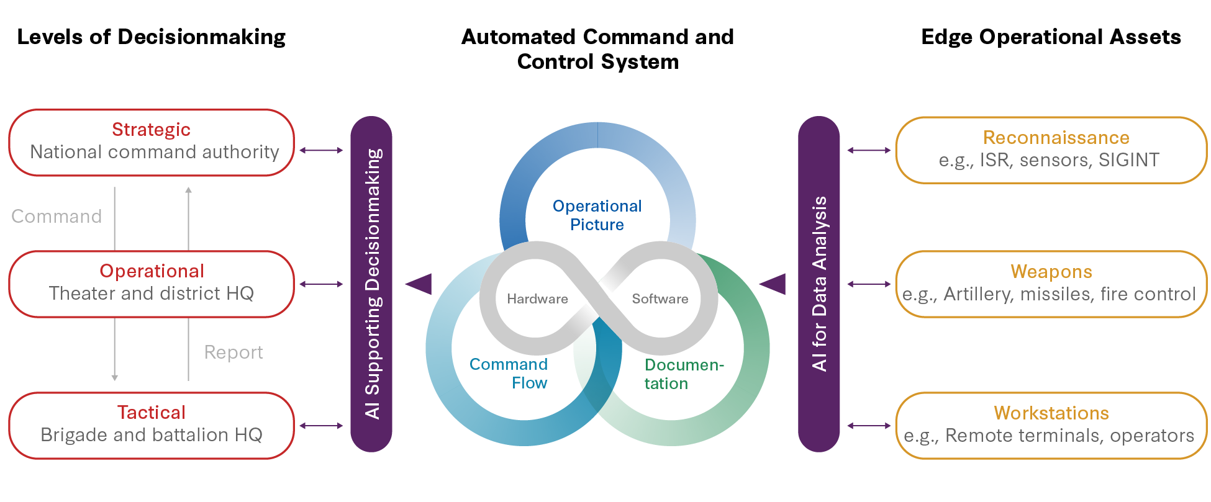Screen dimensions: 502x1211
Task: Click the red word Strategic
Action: click(151, 130)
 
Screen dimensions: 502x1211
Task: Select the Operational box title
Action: click(152, 271)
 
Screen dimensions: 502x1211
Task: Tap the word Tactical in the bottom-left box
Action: click(152, 413)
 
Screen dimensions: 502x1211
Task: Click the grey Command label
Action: click(57, 217)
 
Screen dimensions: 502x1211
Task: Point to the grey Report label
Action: click(234, 352)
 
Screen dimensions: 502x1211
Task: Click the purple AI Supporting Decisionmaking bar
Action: click(371, 284)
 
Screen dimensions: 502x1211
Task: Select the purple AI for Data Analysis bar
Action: click(819, 284)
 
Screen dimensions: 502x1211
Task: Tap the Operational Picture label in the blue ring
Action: click(597, 215)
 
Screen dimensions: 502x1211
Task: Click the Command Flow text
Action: click(509, 374)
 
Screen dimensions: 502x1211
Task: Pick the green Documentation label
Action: click(683, 374)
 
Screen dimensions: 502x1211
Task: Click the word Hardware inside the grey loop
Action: click(537, 299)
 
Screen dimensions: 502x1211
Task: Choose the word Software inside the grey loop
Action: click(660, 299)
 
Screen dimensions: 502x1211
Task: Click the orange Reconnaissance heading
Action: click(1056, 138)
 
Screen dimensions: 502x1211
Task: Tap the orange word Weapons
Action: click(1051, 272)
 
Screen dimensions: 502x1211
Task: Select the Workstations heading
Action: click(1051, 413)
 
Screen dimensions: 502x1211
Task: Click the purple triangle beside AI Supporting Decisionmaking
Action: click(420, 284)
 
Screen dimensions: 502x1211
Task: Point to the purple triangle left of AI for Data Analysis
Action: click(774, 284)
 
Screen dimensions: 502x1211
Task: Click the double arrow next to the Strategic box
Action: click(321, 150)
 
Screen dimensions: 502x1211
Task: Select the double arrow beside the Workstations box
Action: click(869, 426)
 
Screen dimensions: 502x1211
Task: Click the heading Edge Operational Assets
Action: click(1051, 37)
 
